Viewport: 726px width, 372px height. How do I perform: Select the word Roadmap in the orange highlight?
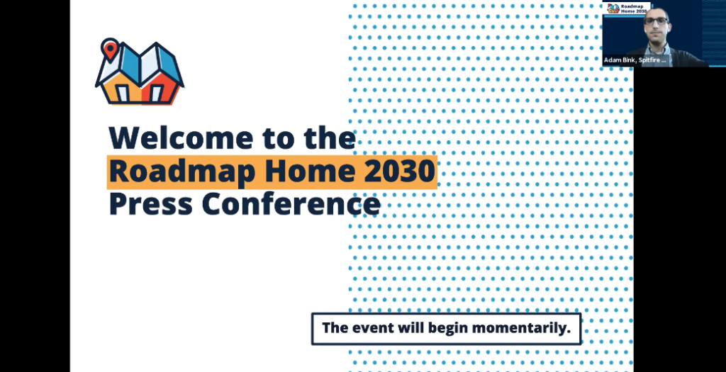[182, 171]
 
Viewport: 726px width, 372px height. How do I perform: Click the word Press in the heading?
[150, 204]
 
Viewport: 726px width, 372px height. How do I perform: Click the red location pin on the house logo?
[110, 50]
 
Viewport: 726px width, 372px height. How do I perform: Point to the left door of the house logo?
[123, 94]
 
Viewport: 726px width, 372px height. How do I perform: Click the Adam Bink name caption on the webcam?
[635, 60]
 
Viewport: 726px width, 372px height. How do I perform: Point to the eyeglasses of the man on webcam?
[656, 21]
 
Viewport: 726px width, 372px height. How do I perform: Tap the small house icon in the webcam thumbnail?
[613, 9]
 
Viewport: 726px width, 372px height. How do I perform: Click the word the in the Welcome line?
[330, 138]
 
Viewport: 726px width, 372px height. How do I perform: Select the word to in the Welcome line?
[278, 139]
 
